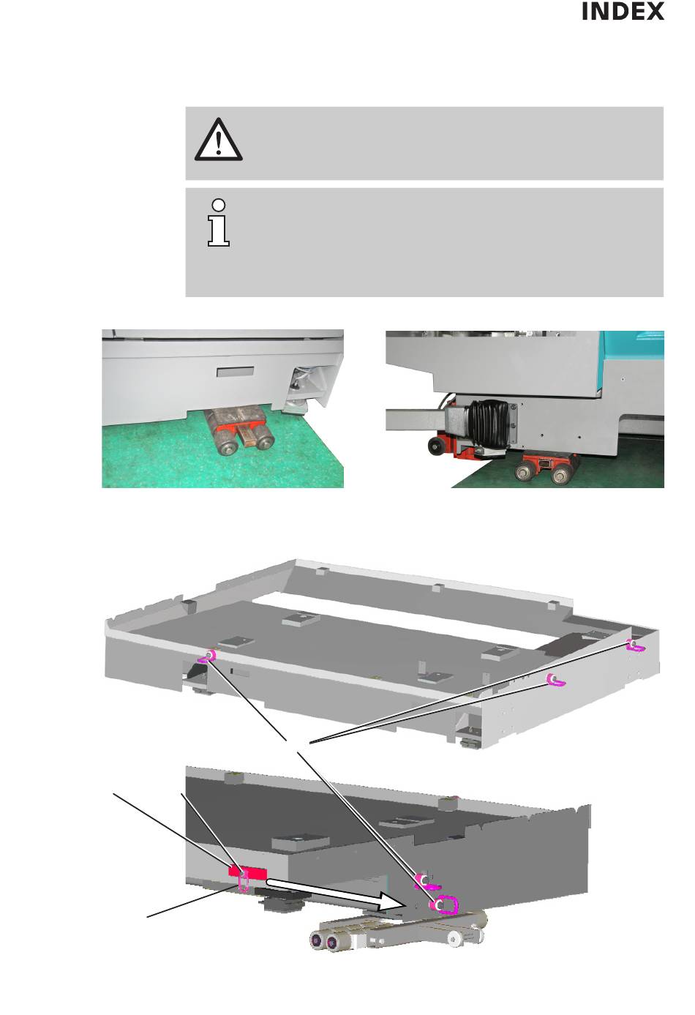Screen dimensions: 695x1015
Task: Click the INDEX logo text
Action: pyautogui.click(x=623, y=11)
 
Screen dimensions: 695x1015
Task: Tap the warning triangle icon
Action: pyautogui.click(x=219, y=140)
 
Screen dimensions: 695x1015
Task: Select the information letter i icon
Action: pyautogui.click(x=219, y=222)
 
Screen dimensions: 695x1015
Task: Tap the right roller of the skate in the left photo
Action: pyautogui.click(x=261, y=435)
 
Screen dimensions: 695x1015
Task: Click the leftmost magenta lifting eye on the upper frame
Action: pyautogui.click(x=209, y=656)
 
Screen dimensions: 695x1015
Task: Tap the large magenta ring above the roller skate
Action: pyautogui.click(x=445, y=905)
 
